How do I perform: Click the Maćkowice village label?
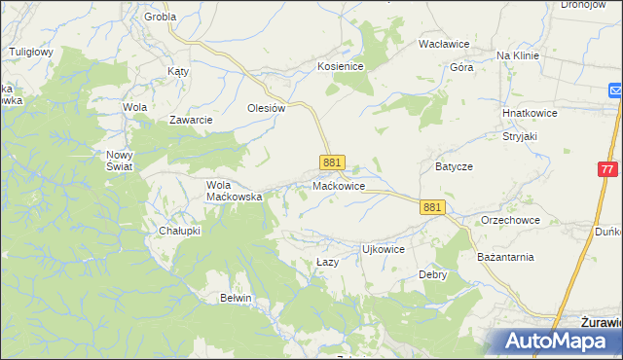339,185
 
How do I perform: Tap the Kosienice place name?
340,66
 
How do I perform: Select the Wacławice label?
444,45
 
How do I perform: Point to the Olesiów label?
266,109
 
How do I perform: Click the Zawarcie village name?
191,120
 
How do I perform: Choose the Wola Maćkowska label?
235,190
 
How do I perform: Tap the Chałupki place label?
179,231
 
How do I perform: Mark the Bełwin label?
236,298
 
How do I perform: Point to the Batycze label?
454,166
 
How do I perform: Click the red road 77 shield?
608,168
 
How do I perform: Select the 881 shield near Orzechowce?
433,207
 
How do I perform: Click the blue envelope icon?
616,90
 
